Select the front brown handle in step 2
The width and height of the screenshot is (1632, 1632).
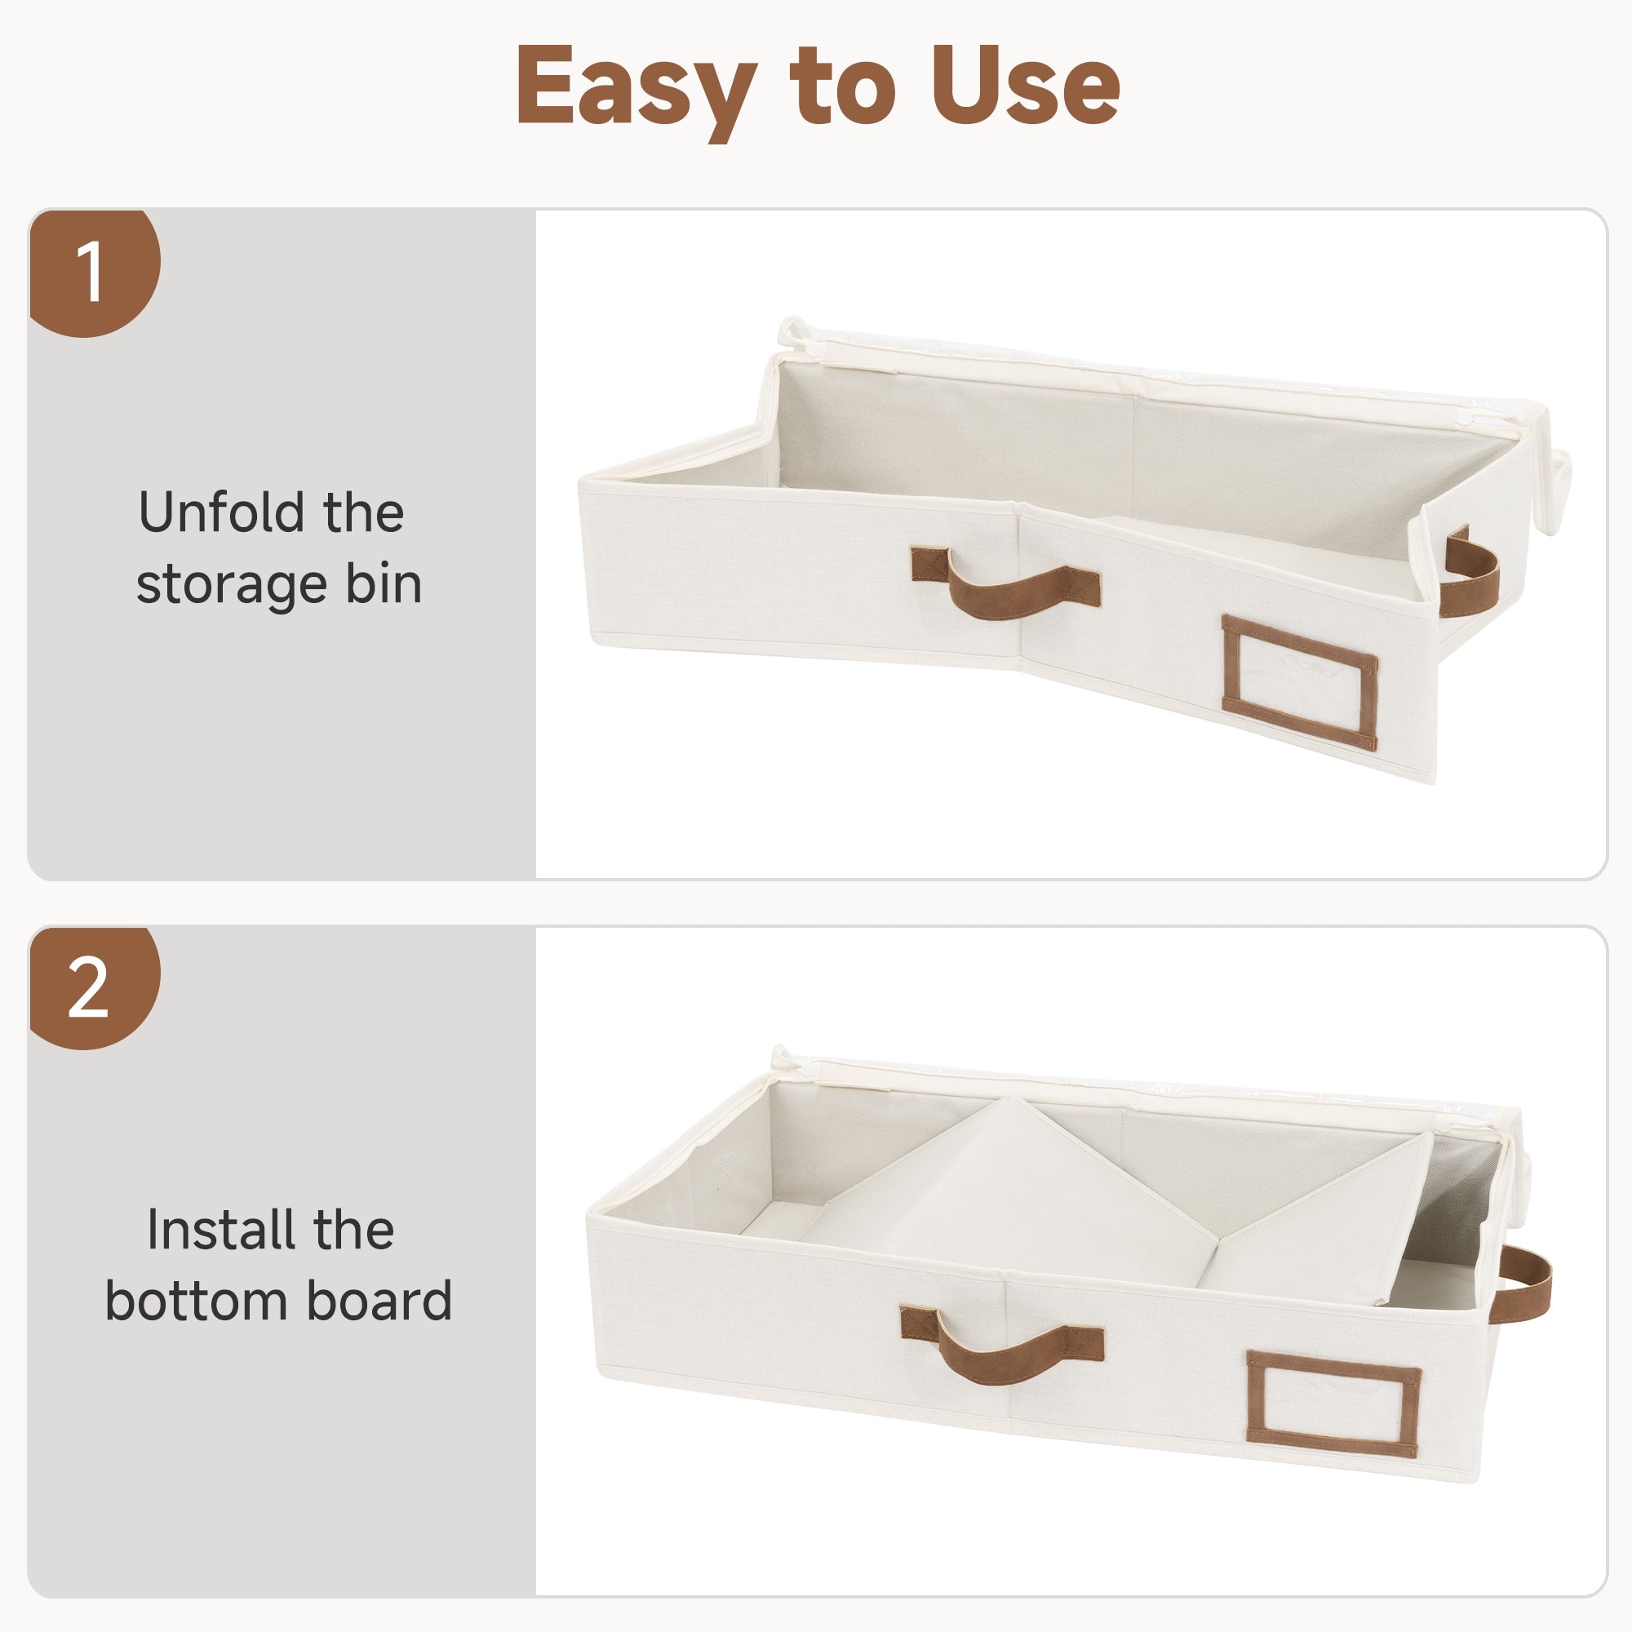[1002, 1343]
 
